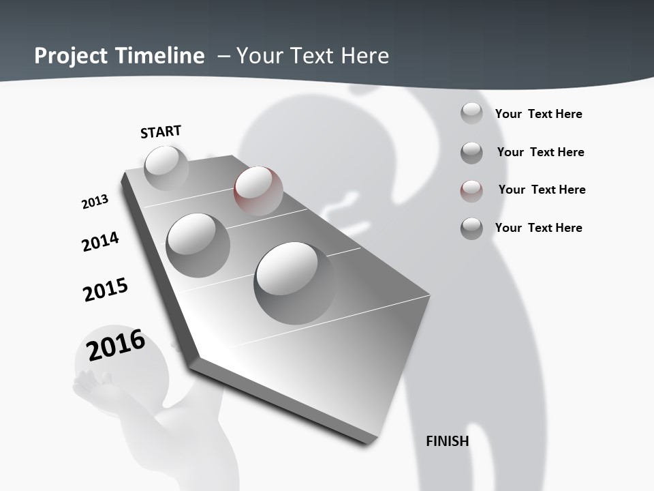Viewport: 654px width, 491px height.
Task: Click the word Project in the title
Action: pos(72,56)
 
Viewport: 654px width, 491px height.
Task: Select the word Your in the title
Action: pos(259,56)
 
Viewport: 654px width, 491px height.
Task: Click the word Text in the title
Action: pos(310,56)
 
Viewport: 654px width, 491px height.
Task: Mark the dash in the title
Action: pos(223,56)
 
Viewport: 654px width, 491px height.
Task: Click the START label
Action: pos(161,132)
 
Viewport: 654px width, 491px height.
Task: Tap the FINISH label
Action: pos(447,441)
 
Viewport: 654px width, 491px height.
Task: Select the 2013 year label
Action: pos(95,202)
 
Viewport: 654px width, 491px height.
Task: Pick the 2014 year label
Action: pos(100,241)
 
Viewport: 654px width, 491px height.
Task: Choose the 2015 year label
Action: pos(105,290)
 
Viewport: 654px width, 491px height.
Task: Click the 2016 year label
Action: pos(116,345)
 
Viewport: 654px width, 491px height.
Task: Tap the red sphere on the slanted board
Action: pos(258,191)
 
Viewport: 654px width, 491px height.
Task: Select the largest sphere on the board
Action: pos(294,282)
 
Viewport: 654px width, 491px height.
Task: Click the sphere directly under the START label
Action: pos(166,168)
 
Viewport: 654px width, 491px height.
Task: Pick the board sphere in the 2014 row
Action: pos(198,245)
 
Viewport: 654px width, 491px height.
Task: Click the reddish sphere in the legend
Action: pos(471,190)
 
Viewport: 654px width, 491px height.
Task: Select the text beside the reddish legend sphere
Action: pos(542,190)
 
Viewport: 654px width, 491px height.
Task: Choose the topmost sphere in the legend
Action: pos(471,113)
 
